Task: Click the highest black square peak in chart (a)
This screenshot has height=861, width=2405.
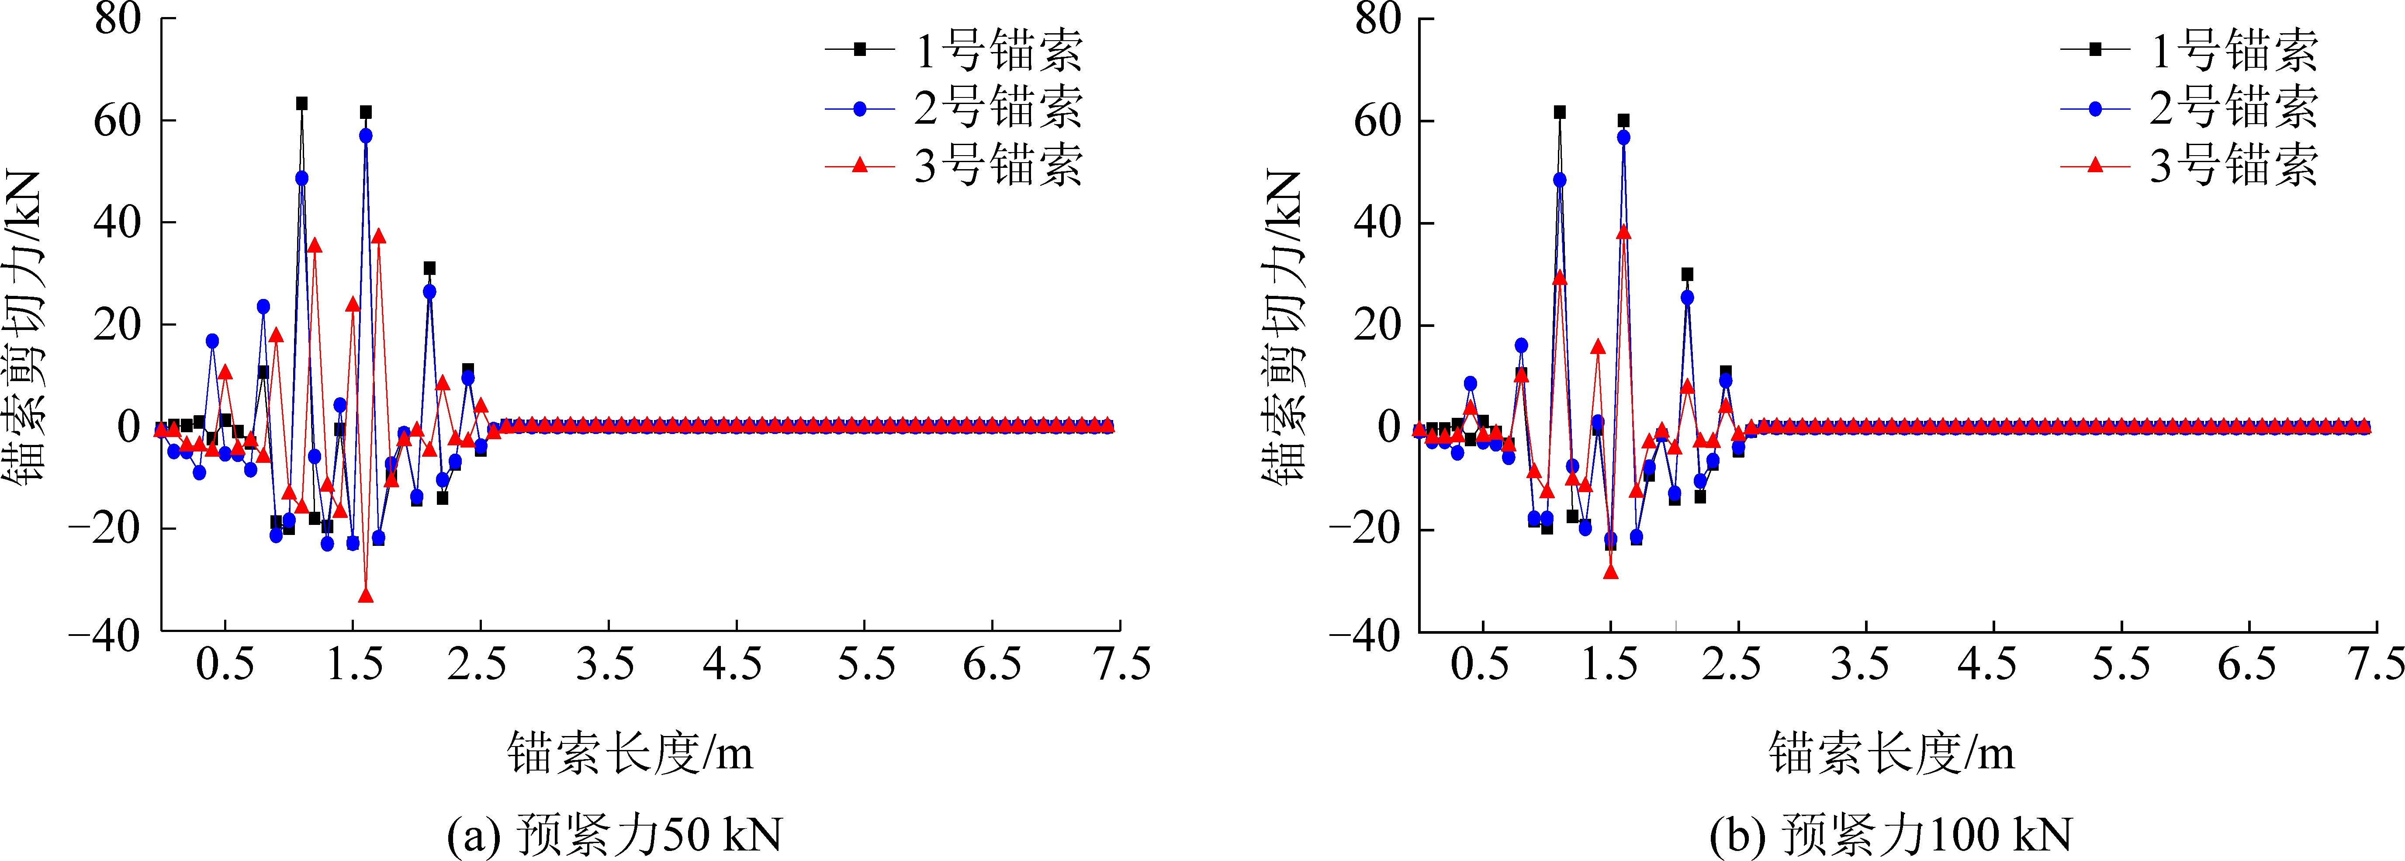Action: pyautogui.click(x=301, y=104)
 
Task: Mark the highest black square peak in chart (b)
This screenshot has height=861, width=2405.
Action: pyautogui.click(x=1559, y=112)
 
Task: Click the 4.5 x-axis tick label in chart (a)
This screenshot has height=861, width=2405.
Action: pyautogui.click(x=733, y=665)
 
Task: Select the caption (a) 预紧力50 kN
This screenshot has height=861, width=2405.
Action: pyautogui.click(x=614, y=834)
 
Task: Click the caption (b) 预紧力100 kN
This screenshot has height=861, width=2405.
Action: pyautogui.click(x=1890, y=834)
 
